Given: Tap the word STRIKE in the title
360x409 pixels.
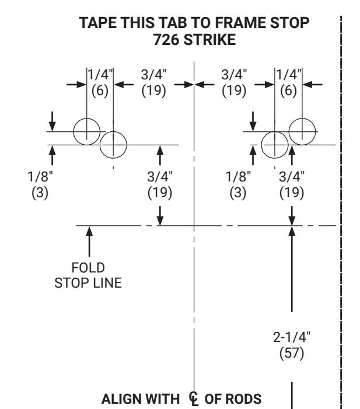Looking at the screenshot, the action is click(209, 40).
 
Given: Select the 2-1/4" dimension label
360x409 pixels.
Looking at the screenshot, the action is click(292, 337).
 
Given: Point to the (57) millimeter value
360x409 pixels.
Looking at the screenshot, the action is click(292, 353).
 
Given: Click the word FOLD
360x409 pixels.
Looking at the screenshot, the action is click(88, 268).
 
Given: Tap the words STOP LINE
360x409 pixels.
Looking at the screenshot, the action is click(88, 283).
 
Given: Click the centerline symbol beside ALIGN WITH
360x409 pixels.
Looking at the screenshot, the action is click(193, 399).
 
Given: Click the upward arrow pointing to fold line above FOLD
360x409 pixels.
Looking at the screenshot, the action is click(89, 242).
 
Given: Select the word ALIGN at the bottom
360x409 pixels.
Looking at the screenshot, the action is click(121, 399).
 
